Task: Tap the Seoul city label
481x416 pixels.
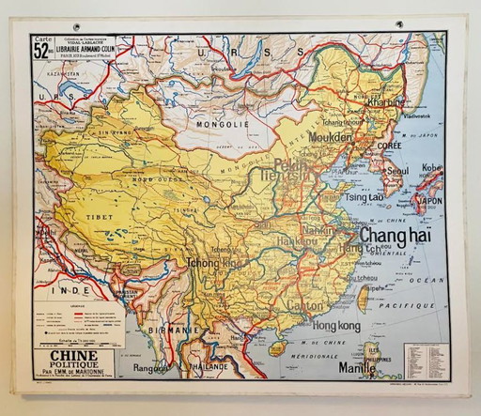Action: tap(396, 171)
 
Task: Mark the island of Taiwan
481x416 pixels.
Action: tap(364, 299)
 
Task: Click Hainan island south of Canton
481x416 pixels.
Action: tap(276, 348)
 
